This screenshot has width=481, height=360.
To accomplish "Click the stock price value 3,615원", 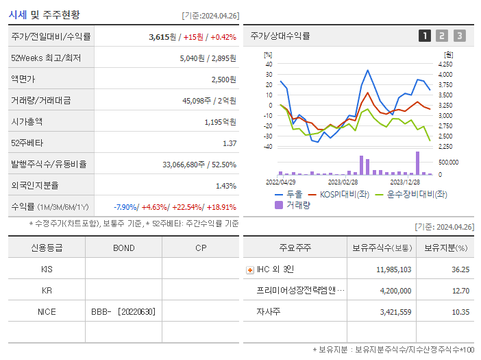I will click(x=163, y=37).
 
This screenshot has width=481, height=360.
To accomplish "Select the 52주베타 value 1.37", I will click(x=230, y=143).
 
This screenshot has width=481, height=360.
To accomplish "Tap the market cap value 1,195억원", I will click(x=221, y=122).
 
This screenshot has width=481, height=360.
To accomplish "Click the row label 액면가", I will click(x=25, y=80).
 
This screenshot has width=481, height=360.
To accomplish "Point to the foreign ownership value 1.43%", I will click(x=226, y=186).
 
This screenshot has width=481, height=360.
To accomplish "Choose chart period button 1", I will click(x=425, y=36).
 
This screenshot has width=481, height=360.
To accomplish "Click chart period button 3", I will click(x=459, y=36).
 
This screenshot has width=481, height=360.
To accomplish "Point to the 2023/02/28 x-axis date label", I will click(x=343, y=182).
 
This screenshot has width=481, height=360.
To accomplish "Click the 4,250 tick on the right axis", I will click(x=445, y=64).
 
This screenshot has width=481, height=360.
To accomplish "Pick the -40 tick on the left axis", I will click(x=268, y=146).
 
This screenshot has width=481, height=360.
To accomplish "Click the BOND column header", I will click(x=123, y=248).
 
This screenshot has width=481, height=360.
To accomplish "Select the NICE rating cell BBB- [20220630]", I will click(x=123, y=312).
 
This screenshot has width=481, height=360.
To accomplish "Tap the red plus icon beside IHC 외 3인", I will click(x=249, y=270).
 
